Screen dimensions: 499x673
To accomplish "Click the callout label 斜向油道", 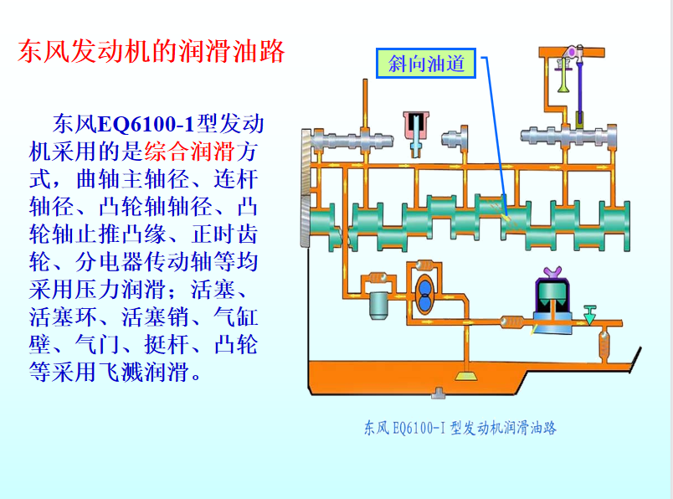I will coord(426,63).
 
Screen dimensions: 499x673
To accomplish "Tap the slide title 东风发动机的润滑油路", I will coord(152,52).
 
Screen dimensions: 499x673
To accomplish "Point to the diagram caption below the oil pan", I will coord(460,428).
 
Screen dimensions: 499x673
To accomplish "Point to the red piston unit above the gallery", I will coord(415,126).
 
